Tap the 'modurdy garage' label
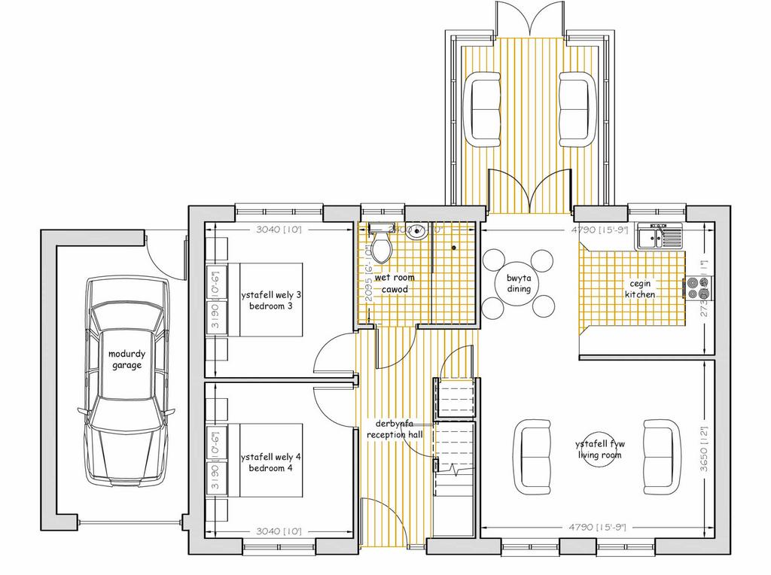coord(126,359)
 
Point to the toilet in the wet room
coord(381,242)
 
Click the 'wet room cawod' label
coord(394,284)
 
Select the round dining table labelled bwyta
coord(519,283)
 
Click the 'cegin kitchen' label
coord(639,288)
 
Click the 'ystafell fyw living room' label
coord(600,449)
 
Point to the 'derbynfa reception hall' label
coord(395,429)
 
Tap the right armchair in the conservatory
coord(577,108)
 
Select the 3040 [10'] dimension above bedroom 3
coord(278,230)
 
